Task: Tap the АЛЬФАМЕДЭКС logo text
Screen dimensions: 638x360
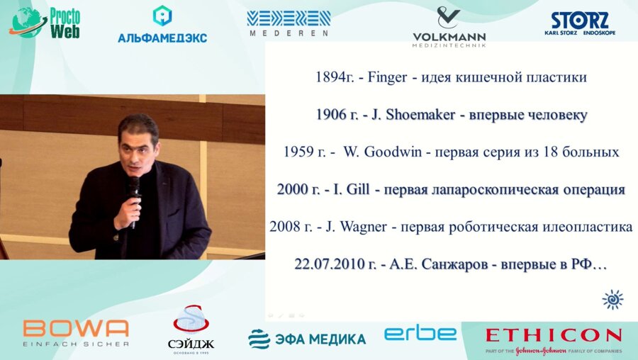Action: (x=162, y=38)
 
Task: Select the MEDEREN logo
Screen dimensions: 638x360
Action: (x=289, y=23)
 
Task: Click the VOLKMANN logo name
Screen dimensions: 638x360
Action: (x=449, y=38)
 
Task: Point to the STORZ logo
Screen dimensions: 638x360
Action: (x=580, y=23)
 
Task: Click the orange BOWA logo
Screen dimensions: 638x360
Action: (x=76, y=328)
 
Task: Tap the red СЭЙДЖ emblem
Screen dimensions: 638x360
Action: (x=191, y=320)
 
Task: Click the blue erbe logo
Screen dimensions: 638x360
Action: (x=420, y=334)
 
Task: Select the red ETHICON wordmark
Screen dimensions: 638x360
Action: (x=554, y=336)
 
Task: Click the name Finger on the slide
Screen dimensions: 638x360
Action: (x=387, y=77)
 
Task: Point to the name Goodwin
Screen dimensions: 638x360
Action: (x=392, y=152)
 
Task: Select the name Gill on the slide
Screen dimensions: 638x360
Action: (x=358, y=189)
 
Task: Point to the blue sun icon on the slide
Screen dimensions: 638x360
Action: (x=612, y=300)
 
